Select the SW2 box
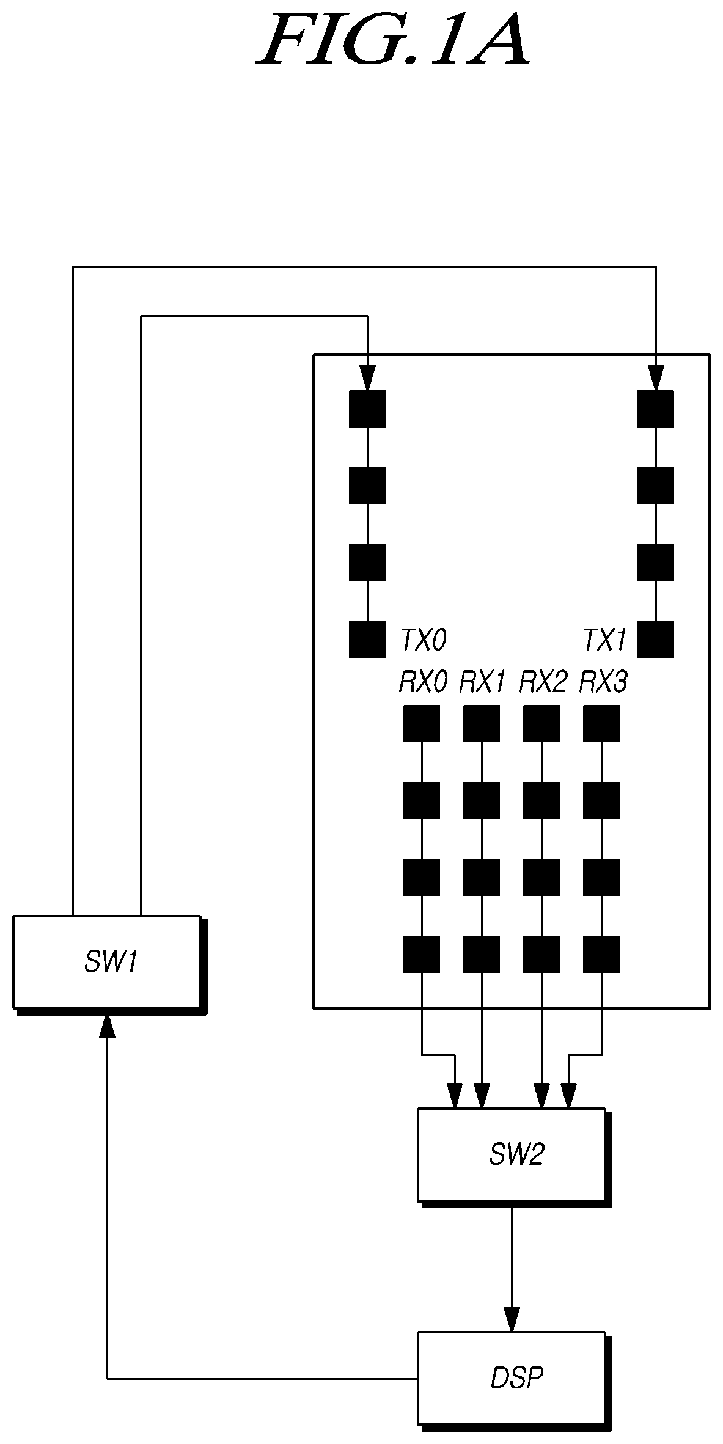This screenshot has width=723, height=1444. pos(514,1157)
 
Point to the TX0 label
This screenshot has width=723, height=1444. pos(423,640)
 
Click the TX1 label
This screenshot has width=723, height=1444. pos(604,640)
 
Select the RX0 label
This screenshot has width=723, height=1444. pos(423,682)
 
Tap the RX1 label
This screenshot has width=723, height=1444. pos(482,682)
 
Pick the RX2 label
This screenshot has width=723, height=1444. pos(543,682)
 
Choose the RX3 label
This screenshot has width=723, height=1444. pos(603,682)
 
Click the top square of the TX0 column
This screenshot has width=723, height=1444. pos(367,409)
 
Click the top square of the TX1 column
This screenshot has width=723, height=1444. pos(655,409)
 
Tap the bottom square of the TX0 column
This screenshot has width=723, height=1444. pos(367,639)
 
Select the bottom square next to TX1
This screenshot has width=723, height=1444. pos(655,639)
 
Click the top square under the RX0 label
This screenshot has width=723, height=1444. pos(421,723)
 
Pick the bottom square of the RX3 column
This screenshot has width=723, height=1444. pos(601,954)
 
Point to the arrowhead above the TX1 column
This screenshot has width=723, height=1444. pos(655,378)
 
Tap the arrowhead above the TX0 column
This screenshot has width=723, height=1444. pos(367,378)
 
